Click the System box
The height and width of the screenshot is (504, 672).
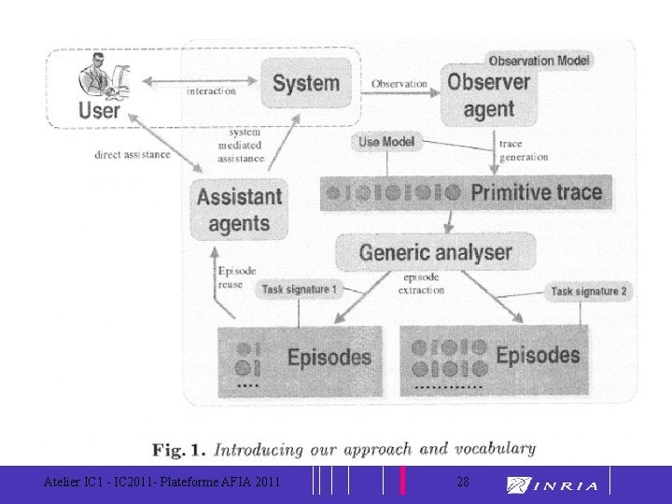(306, 83)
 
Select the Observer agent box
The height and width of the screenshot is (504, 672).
(488, 95)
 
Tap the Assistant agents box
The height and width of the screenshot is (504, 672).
(239, 210)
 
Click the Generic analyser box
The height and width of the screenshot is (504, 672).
(435, 252)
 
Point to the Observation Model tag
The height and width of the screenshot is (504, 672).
(539, 61)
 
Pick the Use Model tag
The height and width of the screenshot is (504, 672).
(386, 142)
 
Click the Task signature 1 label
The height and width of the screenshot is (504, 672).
(299, 290)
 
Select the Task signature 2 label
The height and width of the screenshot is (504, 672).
(589, 291)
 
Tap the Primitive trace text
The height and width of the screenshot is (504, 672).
(536, 193)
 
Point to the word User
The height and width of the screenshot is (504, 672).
(99, 111)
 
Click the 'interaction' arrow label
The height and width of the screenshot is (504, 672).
(211, 91)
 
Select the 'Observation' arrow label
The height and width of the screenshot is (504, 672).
(399, 84)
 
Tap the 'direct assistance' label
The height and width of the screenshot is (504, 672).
(133, 154)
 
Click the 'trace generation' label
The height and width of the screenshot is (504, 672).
(523, 150)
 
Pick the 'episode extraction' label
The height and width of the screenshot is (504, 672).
(421, 284)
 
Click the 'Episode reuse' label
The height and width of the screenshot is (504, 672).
(236, 276)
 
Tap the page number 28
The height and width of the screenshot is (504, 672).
(463, 482)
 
